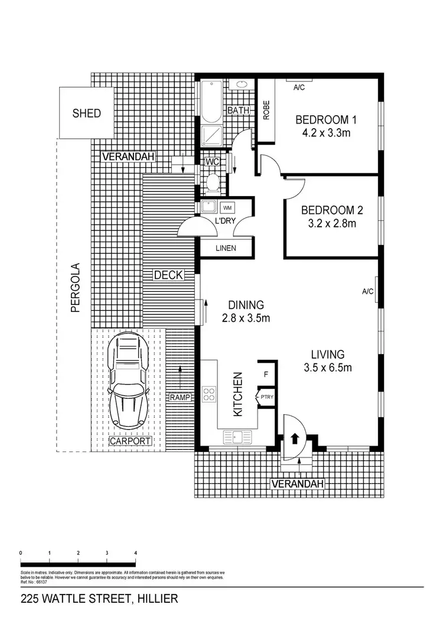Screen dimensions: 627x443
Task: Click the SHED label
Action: [x=86, y=113]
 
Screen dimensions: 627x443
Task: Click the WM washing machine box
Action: [x=227, y=207]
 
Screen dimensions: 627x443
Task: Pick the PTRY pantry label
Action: [x=267, y=398]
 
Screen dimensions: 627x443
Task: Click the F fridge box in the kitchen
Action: [x=266, y=373]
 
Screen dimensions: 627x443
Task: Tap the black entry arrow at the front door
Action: [x=294, y=440]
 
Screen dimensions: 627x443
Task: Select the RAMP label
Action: [x=180, y=398]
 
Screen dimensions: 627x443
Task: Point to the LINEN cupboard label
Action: [x=225, y=248]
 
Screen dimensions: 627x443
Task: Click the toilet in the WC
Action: [x=214, y=183]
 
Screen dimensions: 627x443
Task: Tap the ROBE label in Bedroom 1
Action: [x=266, y=110]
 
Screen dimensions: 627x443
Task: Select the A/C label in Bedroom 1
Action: [x=300, y=87]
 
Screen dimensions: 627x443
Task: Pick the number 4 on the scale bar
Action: [x=136, y=553]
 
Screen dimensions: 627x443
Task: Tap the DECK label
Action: [x=168, y=275]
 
